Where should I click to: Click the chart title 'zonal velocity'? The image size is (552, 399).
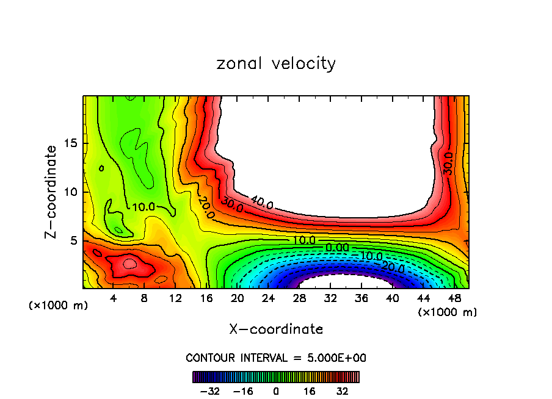coord(276,63)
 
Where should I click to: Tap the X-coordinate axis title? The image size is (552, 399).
coord(276,329)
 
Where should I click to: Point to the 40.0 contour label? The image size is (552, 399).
coord(261,202)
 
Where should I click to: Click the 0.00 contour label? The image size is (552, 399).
coord(337,247)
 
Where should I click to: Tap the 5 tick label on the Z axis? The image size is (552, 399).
coord(72,240)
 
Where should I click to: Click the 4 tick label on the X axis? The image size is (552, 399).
coord(113,299)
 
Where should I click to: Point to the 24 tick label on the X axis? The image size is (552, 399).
coord(268,299)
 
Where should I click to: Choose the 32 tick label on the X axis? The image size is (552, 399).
coord(330,299)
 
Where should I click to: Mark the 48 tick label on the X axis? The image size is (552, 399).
coord(454,299)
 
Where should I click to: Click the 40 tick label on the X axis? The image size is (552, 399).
coord(392,299)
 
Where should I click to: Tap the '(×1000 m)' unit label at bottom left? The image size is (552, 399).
coord(59,306)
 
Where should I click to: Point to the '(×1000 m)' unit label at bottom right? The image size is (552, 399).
coord(448,312)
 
